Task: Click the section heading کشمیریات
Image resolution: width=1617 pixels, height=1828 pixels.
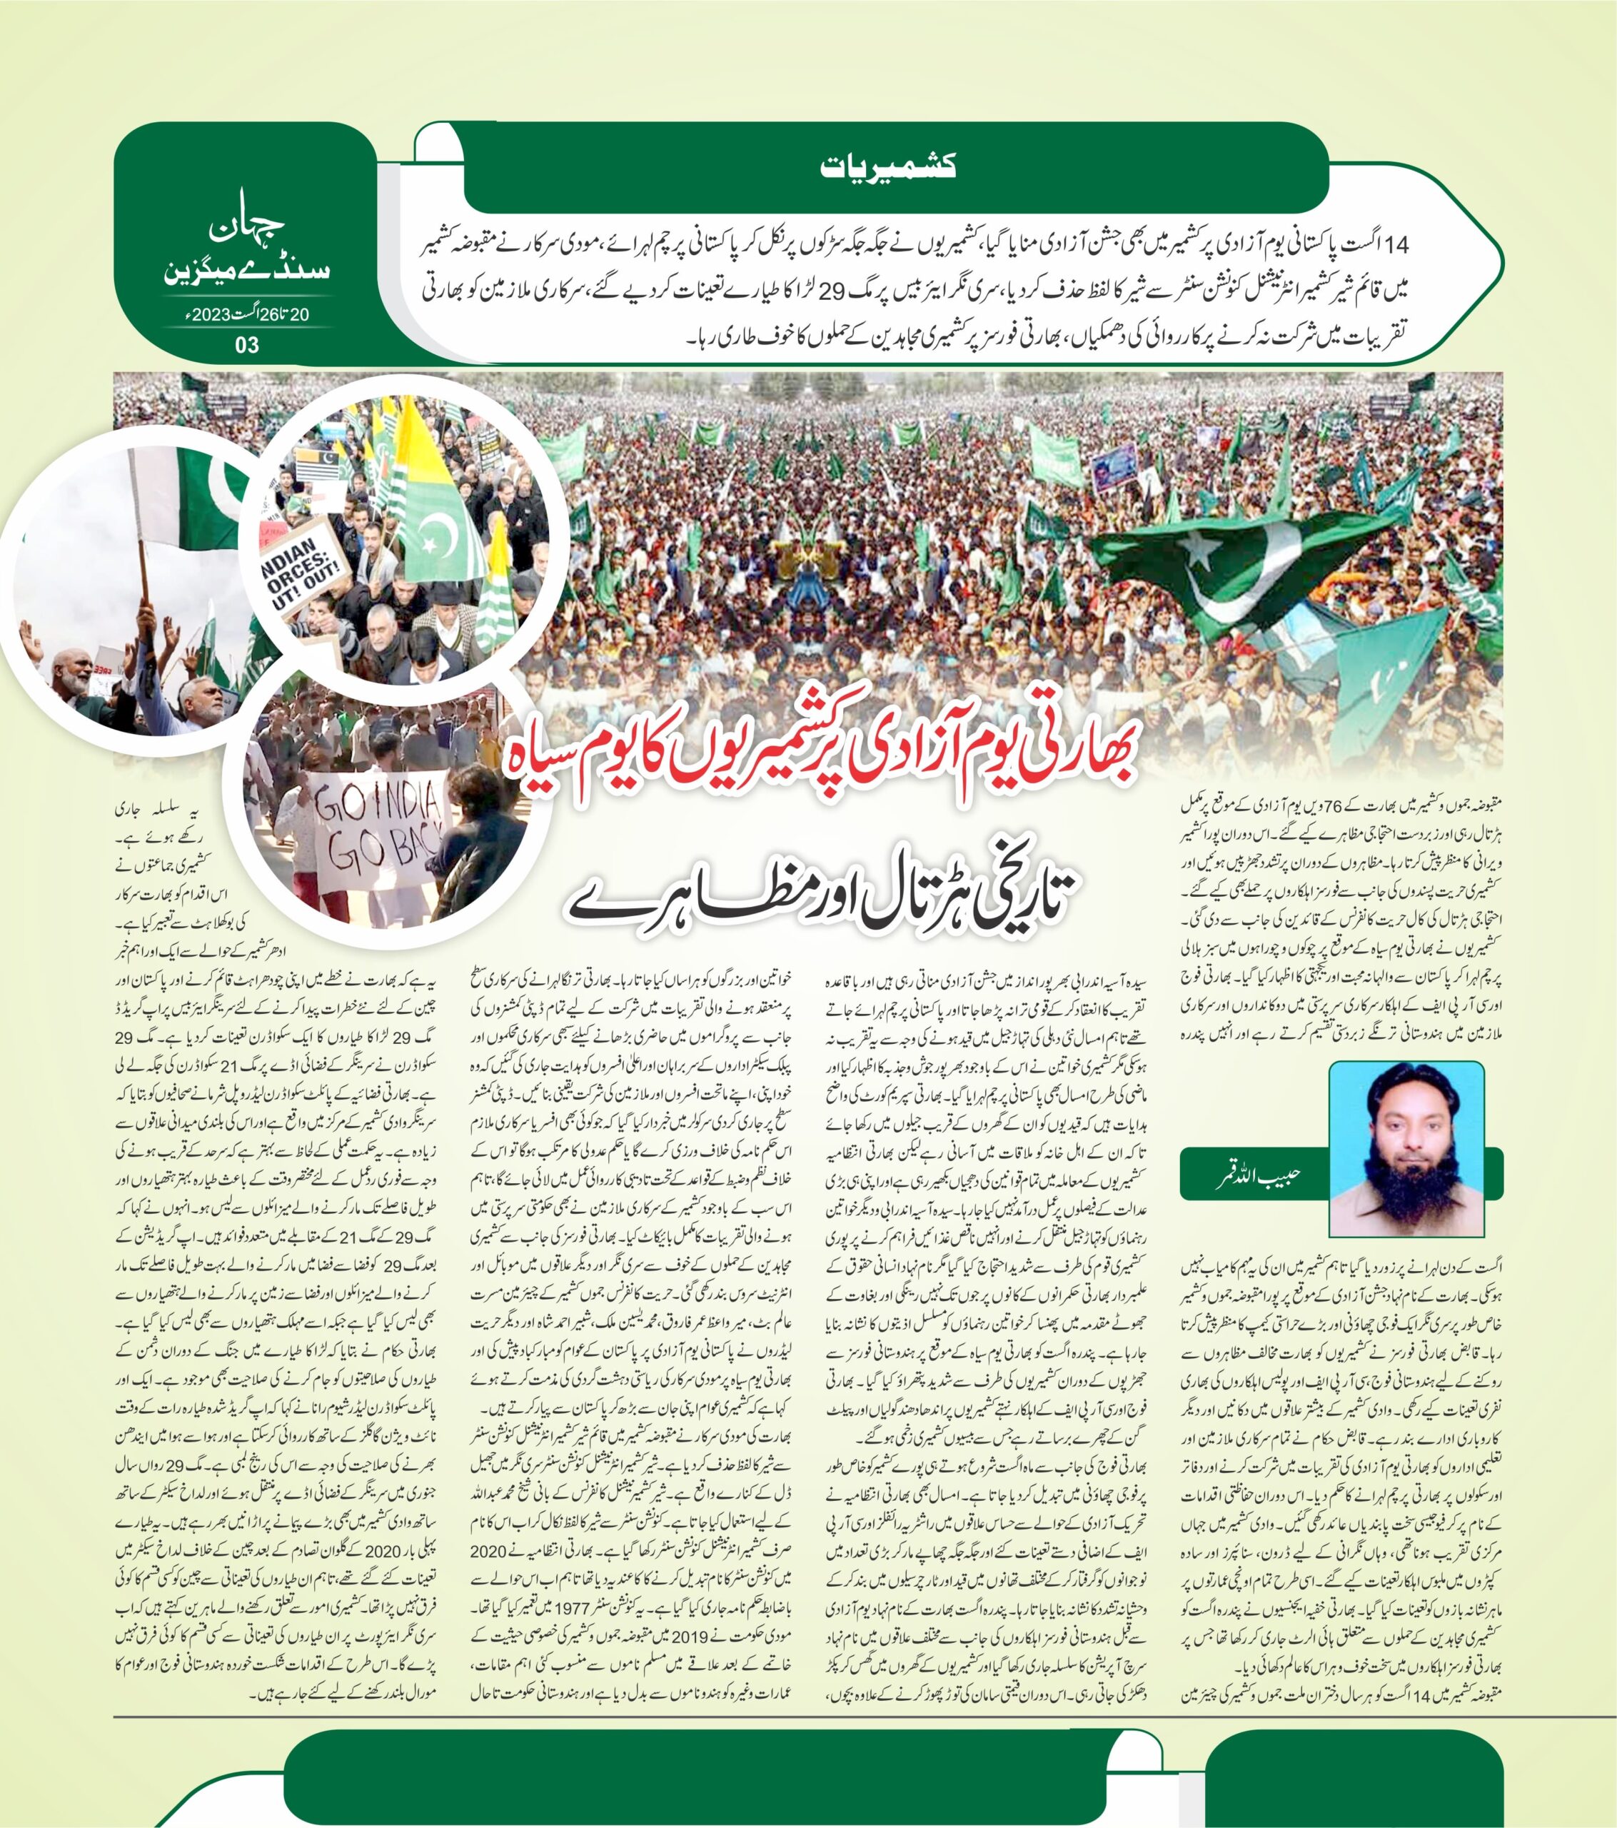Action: click(x=888, y=166)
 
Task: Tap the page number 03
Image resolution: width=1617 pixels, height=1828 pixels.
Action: click(x=246, y=345)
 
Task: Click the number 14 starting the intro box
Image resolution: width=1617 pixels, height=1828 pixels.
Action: click(x=1397, y=244)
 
